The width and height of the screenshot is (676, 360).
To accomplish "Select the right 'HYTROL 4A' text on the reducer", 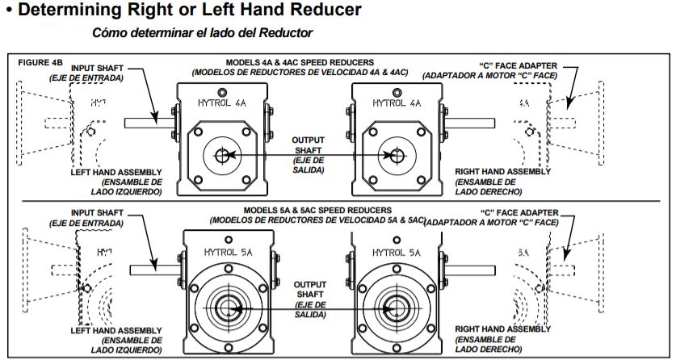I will [x=396, y=103].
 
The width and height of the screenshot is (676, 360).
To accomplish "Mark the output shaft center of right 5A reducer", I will [x=395, y=308].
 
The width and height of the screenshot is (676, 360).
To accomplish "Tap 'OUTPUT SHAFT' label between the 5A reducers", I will [x=309, y=290].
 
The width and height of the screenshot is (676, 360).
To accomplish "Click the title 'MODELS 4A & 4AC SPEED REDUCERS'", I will [x=300, y=63].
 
